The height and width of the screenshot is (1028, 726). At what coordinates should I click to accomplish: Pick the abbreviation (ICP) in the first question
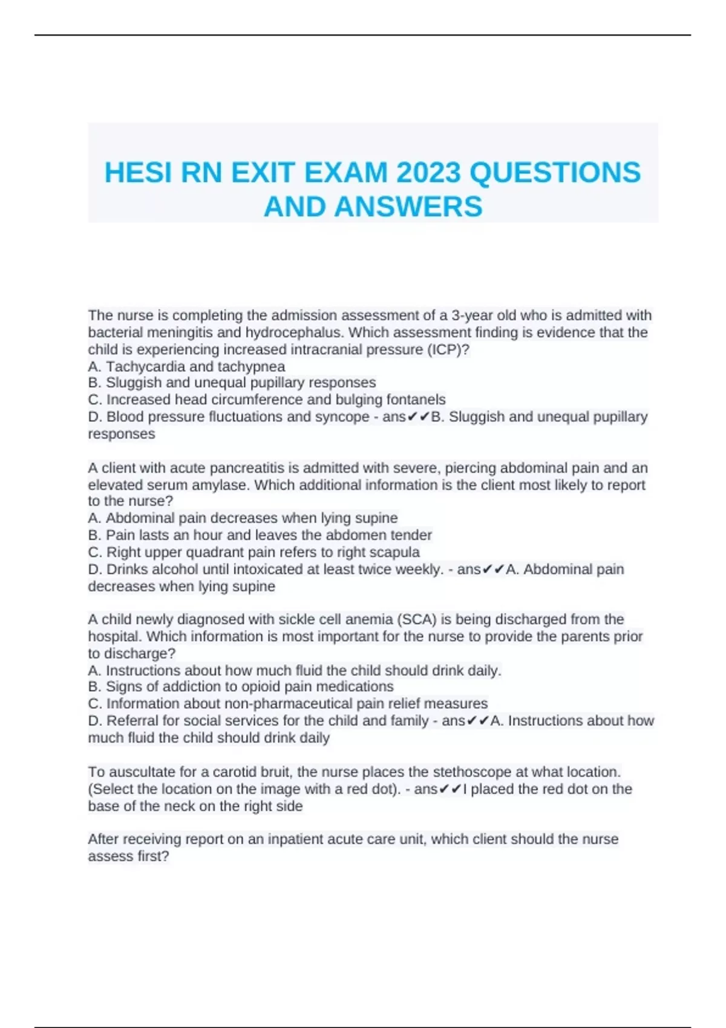click(x=448, y=350)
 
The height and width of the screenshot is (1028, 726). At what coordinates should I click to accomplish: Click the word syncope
click(x=343, y=417)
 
